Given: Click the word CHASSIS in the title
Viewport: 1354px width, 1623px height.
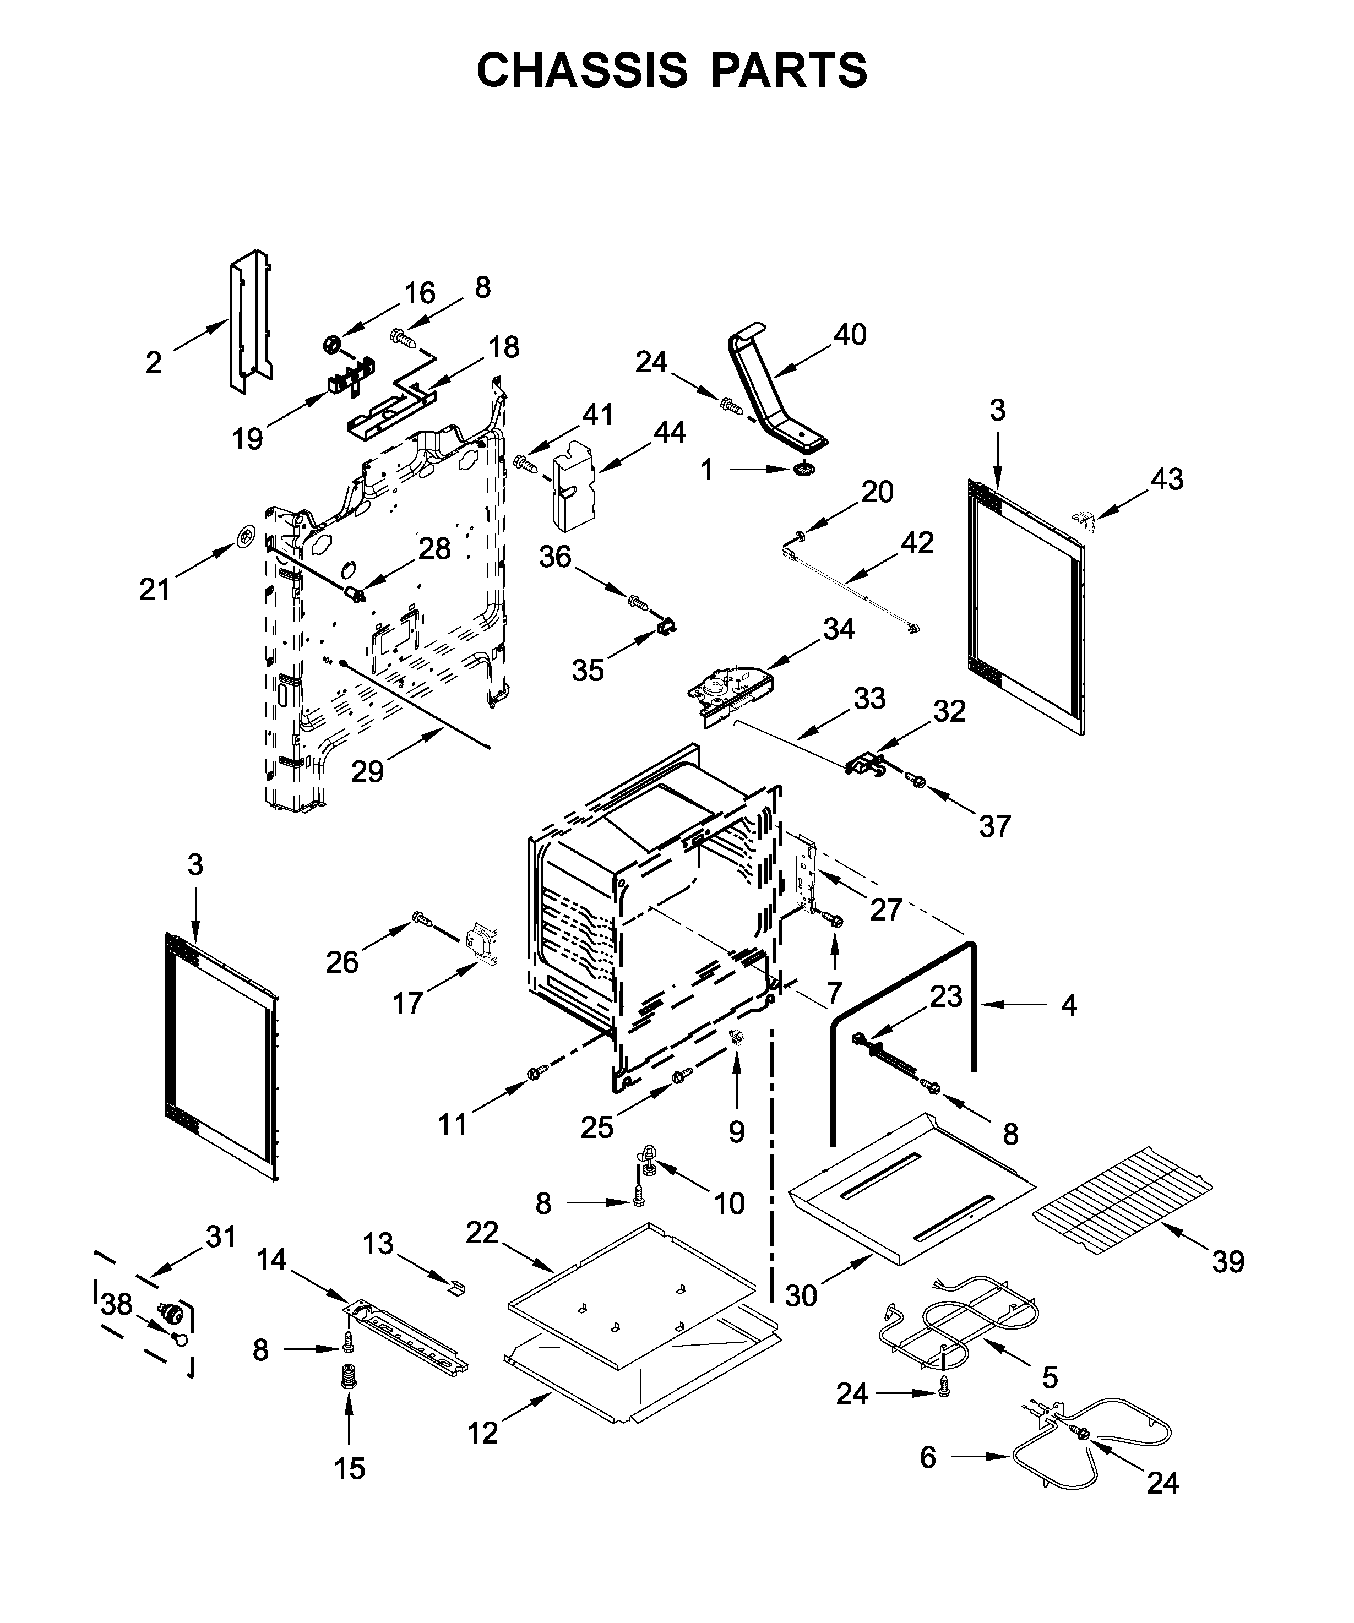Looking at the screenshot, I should pyautogui.click(x=581, y=71).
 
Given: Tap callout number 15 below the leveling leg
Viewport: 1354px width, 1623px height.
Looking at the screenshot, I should pyautogui.click(x=349, y=1468).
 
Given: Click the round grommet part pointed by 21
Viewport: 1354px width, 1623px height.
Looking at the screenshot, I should pyautogui.click(x=246, y=535).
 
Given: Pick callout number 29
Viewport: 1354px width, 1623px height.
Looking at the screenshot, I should pyautogui.click(x=367, y=771).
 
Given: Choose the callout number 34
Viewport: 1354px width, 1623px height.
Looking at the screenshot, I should pyautogui.click(x=839, y=629).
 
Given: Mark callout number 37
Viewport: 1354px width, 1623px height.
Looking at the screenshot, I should pyautogui.click(x=994, y=826).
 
